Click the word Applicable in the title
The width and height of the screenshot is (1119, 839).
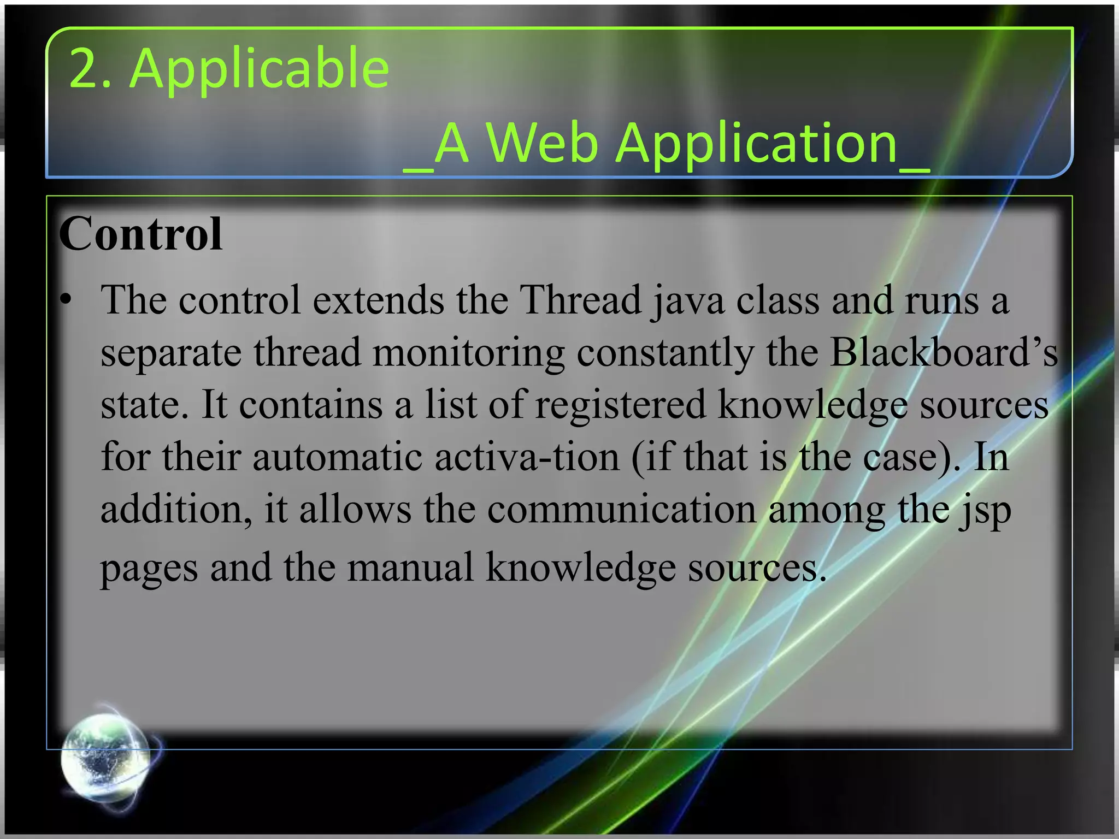tap(260, 69)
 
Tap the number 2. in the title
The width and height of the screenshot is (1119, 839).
tap(90, 68)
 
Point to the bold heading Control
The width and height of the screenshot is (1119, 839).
tap(140, 234)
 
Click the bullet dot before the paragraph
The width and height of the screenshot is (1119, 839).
tap(66, 300)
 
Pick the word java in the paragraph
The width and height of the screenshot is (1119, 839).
tap(688, 301)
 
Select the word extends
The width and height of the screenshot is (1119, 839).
tap(378, 300)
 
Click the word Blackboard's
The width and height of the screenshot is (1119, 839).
tap(944, 352)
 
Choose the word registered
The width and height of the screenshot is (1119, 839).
tap(620, 405)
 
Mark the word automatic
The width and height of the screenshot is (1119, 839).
tap(337, 457)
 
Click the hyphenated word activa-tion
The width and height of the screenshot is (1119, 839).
tap(527, 457)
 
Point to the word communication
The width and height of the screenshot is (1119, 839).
tap(621, 509)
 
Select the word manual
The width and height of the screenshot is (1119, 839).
tap(410, 567)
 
